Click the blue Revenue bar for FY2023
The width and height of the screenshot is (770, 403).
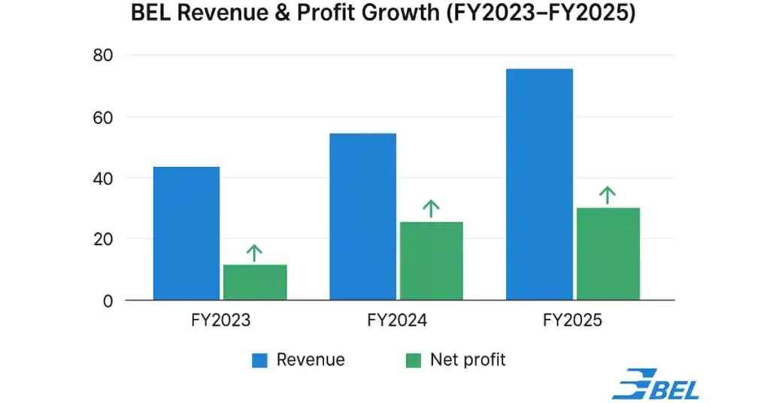pyautogui.click(x=186, y=233)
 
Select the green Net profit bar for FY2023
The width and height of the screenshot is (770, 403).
pyautogui.click(x=255, y=282)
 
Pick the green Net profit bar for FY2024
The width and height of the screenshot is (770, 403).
pyautogui.click(x=431, y=261)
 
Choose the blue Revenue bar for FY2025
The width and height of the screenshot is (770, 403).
pyautogui.click(x=539, y=184)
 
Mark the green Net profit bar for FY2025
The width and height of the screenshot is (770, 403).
pyautogui.click(x=608, y=254)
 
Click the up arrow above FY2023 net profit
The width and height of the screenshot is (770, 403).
pyautogui.click(x=255, y=253)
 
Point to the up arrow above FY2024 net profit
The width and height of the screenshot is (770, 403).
pyautogui.click(x=431, y=208)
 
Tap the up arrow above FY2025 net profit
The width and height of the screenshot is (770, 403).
pyautogui.click(x=608, y=195)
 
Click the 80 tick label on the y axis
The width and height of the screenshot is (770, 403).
pyautogui.click(x=103, y=56)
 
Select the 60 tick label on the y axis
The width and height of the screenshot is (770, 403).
pyautogui.click(x=103, y=117)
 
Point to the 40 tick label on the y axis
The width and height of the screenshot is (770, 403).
pyautogui.click(x=103, y=179)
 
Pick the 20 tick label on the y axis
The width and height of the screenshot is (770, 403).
pyautogui.click(x=103, y=239)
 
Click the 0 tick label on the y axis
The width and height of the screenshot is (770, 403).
pyautogui.click(x=108, y=301)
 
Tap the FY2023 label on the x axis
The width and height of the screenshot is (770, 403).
pyautogui.click(x=220, y=321)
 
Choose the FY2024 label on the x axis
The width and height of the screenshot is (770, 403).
pyautogui.click(x=397, y=321)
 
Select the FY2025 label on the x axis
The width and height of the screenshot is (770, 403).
pyautogui.click(x=573, y=321)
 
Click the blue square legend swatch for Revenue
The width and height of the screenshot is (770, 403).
pyautogui.click(x=259, y=361)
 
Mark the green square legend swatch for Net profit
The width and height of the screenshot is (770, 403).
pyautogui.click(x=413, y=361)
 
